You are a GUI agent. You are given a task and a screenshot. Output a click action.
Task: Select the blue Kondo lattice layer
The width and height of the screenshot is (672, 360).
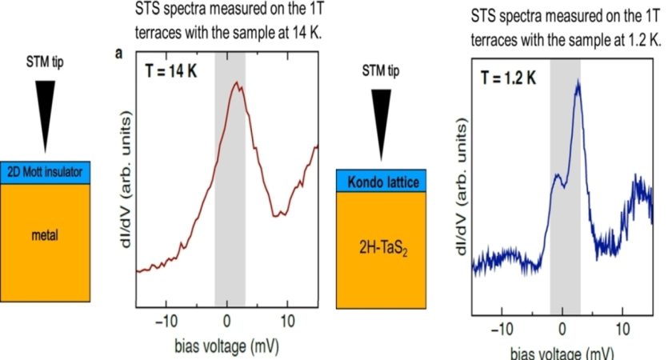tap(382, 183)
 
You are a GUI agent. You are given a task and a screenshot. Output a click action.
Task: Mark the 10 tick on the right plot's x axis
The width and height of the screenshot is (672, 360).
tap(622, 328)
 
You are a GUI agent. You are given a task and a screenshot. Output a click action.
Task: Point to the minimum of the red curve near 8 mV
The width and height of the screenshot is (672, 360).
tap(277, 214)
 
